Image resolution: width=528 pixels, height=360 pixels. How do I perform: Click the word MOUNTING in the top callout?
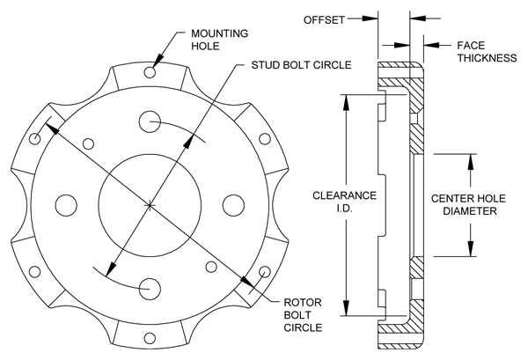pyautogui.click(x=217, y=33)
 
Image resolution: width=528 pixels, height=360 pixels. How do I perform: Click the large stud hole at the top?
pyautogui.click(x=150, y=121)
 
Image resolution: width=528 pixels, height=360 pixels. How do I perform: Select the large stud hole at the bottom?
pyautogui.click(x=150, y=288)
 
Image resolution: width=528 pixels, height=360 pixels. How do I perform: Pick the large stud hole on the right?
pyautogui.click(x=233, y=204)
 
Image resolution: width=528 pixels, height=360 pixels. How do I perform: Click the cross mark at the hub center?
pyautogui.click(x=150, y=205)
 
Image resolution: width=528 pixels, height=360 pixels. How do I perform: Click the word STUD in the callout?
pyautogui.click(x=268, y=65)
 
